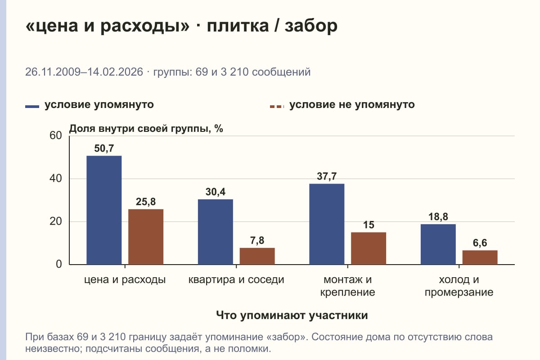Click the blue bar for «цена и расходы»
pyautogui.click(x=104, y=210)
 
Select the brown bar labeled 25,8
pyautogui.click(x=146, y=237)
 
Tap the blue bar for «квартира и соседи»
pyautogui.click(x=215, y=232)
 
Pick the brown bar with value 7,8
pyautogui.click(x=257, y=256)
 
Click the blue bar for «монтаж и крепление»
pyautogui.click(x=327, y=224)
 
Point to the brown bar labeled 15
pyautogui.click(x=369, y=248)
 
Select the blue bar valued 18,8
pyautogui.click(x=438, y=244)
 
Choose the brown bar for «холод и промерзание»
pyautogui.click(x=480, y=257)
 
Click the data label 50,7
pyautogui.click(x=104, y=148)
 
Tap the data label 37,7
pyautogui.click(x=327, y=176)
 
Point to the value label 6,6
pyautogui.click(x=480, y=243)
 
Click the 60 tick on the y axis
pyautogui.click(x=56, y=135)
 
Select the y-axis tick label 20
pyautogui.click(x=56, y=221)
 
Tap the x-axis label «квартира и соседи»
pyautogui.click(x=236, y=279)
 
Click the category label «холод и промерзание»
pyautogui.click(x=459, y=286)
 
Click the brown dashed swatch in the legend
pyautogui.click(x=277, y=106)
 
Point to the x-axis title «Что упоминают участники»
pyautogui.click(x=292, y=315)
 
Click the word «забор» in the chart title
pyautogui.click(x=311, y=26)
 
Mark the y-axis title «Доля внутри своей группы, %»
pyautogui.click(x=146, y=129)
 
